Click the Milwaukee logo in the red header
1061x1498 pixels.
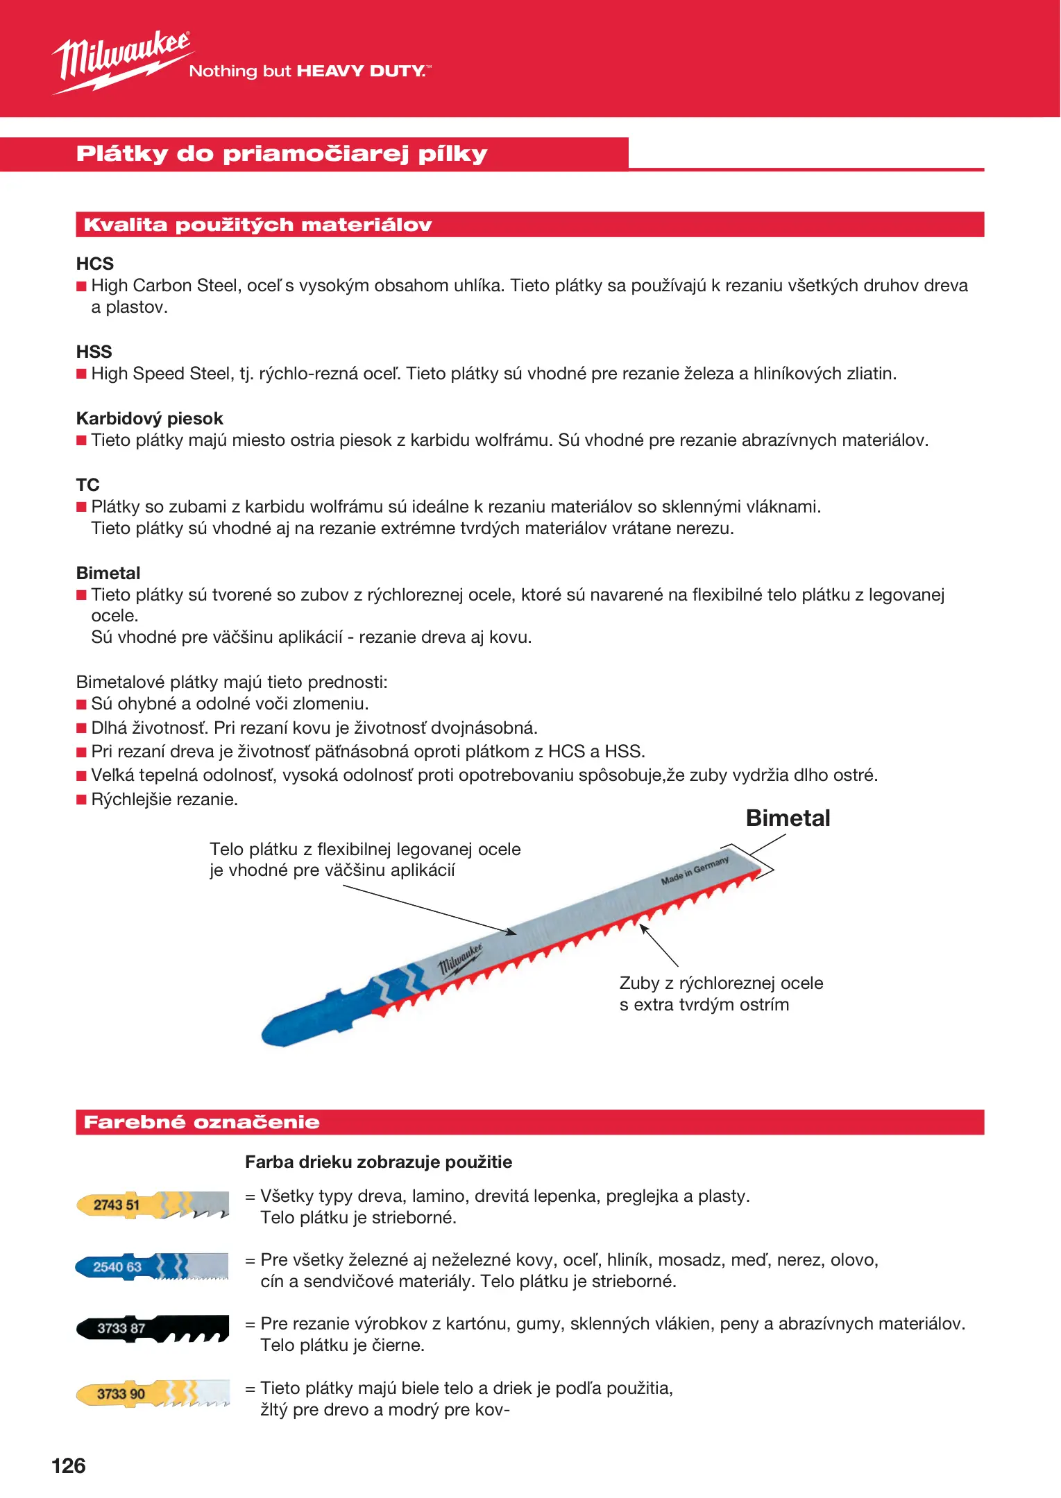121,61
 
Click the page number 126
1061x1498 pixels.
69,1465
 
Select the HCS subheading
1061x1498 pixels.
95,264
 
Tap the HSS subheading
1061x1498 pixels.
94,352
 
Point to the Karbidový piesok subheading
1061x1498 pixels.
150,418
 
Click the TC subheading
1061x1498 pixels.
88,484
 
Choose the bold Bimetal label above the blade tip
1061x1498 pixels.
788,818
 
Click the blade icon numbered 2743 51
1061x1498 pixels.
152,1205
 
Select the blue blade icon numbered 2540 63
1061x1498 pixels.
151,1267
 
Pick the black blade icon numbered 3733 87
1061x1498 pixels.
152,1328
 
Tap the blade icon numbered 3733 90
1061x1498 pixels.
152,1393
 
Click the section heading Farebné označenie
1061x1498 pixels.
201,1122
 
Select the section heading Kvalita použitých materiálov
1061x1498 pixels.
257,225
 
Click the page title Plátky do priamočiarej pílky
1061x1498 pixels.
282,154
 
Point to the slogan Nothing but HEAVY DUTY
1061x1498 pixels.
309,71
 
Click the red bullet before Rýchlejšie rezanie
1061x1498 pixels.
81,800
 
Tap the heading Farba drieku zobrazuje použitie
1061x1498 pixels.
378,1162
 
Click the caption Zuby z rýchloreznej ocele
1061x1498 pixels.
721,983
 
